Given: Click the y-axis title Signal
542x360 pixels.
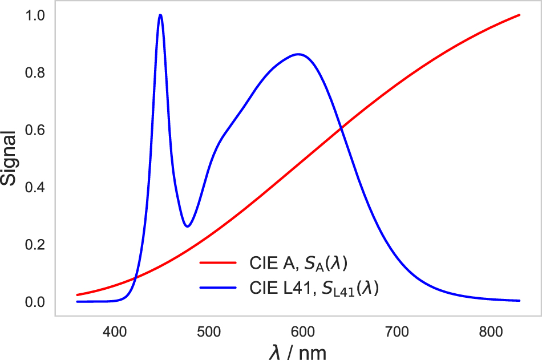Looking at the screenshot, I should coord(10,158).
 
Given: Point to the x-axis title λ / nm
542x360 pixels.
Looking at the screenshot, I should coord(297,350).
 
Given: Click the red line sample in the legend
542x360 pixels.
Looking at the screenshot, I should coord(217,263).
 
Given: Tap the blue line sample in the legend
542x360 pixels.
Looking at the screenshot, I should coord(217,289).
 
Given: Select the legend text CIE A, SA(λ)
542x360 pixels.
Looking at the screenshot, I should coord(298,263).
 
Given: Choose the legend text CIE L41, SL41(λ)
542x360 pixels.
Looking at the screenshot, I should coord(314,289).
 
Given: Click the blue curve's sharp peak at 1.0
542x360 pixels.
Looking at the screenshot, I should coord(160,15).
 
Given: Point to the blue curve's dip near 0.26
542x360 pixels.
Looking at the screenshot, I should coord(187,226).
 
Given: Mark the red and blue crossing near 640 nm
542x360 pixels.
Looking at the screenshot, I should coord(341,130).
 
